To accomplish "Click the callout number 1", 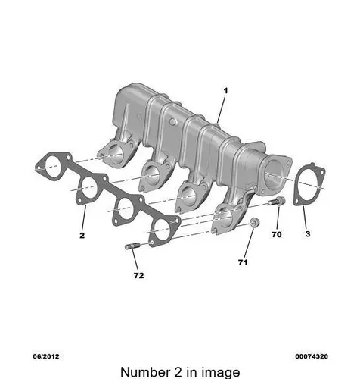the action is pos(225,90).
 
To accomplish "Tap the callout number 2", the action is pos(82,236).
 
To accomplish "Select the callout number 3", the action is pos(308,234).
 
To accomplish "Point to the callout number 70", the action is pos(277,234).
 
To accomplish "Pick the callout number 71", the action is pos(243,262).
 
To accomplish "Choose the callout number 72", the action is pos(139,275).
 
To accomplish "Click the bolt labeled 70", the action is pos(277,202).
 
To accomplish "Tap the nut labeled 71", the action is pos(255,224).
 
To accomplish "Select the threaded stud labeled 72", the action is pos(132,246).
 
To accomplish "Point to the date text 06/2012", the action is pos(46,356).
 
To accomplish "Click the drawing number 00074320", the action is pos(312,356).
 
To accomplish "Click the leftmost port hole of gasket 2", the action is pos(51,166).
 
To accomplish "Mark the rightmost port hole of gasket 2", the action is pos(161,230).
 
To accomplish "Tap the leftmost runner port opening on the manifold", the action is pos(115,154).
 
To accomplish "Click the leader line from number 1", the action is pos(221,109).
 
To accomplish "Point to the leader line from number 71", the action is pos(248,243).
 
